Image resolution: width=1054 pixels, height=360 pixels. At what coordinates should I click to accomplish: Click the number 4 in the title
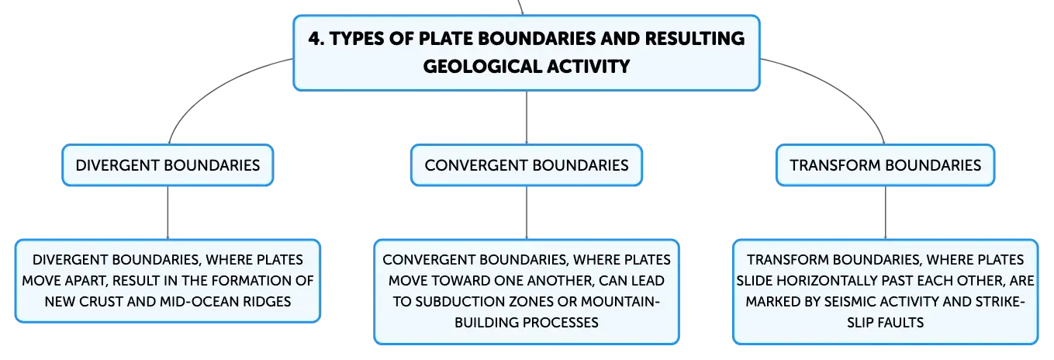[314, 39]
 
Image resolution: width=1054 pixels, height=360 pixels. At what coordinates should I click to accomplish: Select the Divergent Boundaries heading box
[168, 165]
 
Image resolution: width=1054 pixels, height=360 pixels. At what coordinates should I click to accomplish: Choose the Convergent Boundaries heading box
[527, 165]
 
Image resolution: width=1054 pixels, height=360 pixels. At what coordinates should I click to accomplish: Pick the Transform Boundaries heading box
[885, 165]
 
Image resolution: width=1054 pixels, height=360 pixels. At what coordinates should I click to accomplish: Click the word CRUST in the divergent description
[101, 302]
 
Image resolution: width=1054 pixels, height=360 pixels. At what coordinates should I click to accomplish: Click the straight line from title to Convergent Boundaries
[527, 117]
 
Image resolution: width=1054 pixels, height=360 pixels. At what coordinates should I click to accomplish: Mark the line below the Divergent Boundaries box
[168, 213]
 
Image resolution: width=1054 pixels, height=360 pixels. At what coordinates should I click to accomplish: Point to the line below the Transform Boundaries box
[885, 213]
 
